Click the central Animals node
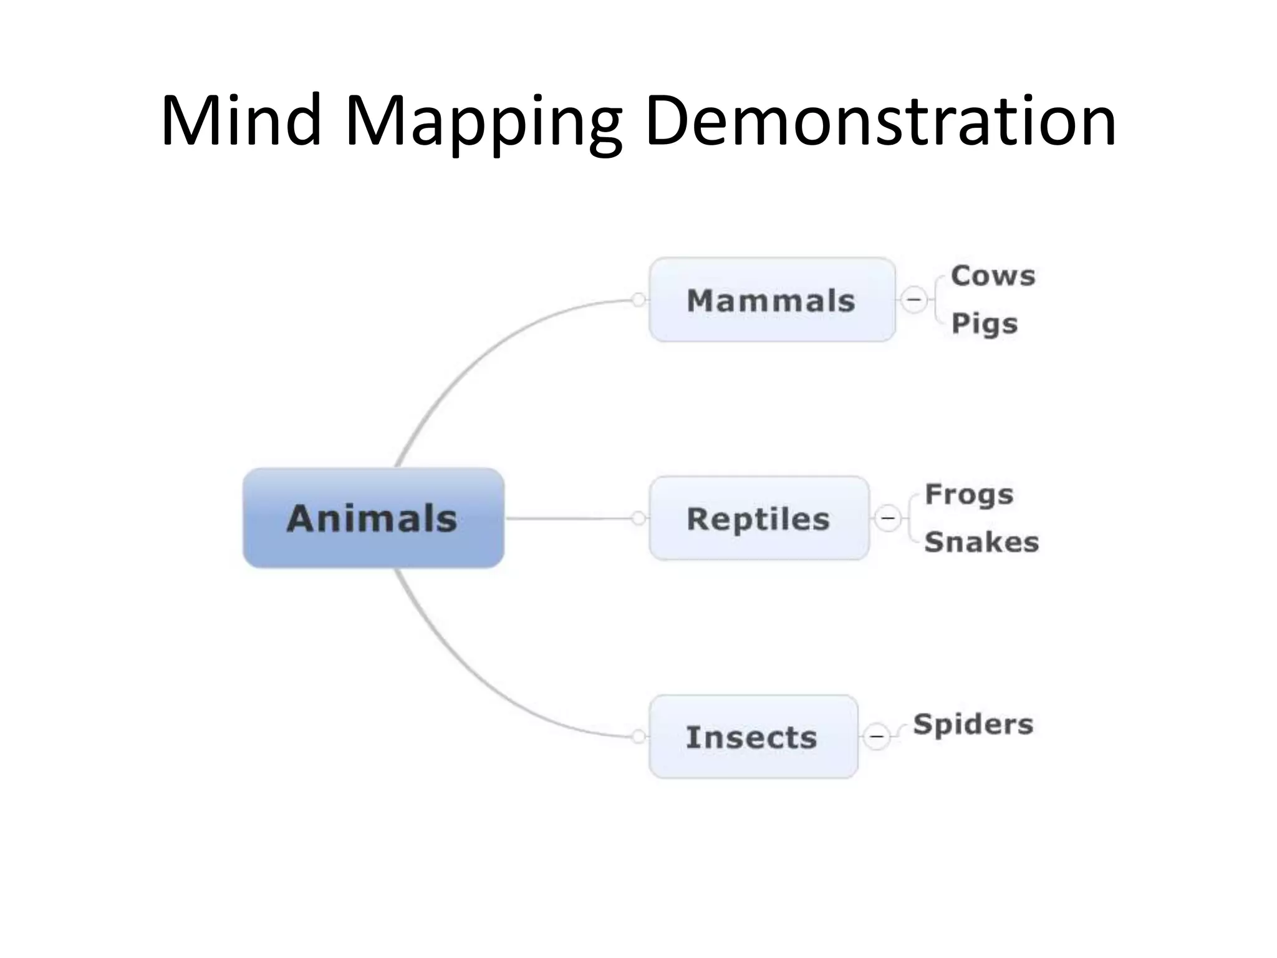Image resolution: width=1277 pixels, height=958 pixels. (x=373, y=518)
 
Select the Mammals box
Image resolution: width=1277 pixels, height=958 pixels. (x=771, y=300)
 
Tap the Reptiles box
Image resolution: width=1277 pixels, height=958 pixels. (x=758, y=518)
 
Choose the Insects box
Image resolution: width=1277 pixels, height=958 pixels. (x=753, y=737)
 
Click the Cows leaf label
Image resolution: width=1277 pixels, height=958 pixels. (x=993, y=276)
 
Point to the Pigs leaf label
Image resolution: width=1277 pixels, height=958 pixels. (x=984, y=324)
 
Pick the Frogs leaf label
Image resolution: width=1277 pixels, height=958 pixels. (x=969, y=495)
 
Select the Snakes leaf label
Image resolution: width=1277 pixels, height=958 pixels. (x=981, y=542)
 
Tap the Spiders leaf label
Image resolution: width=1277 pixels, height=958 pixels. (x=973, y=725)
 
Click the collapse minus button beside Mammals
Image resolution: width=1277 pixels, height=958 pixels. (x=914, y=300)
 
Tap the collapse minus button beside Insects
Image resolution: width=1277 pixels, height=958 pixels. (x=877, y=737)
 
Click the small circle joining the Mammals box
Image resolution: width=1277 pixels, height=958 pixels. (x=638, y=300)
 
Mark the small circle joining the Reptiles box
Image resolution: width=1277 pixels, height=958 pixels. (x=638, y=518)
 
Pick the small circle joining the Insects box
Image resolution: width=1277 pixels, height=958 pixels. (x=638, y=737)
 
